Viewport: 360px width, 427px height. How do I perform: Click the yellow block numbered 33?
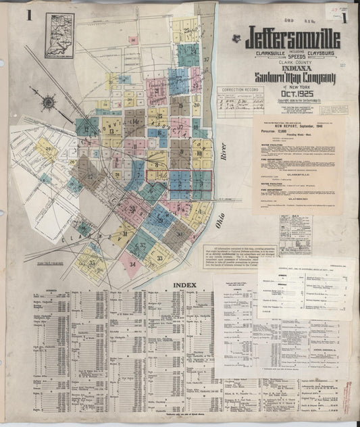[159, 258]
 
